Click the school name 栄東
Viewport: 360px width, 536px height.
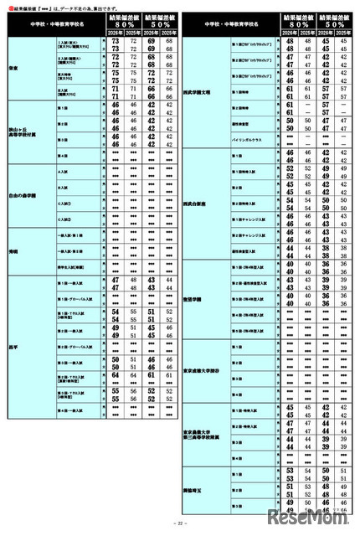pyautogui.click(x=13, y=70)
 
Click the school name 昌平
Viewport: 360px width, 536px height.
pyautogui.click(x=13, y=346)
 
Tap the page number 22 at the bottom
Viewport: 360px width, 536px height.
pyautogui.click(x=179, y=525)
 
